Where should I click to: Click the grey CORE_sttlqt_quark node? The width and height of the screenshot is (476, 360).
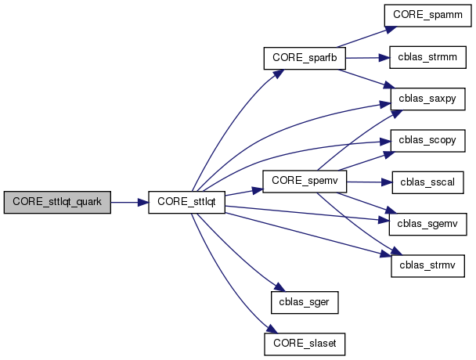tap(57, 202)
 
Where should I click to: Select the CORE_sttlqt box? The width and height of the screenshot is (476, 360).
tap(187, 202)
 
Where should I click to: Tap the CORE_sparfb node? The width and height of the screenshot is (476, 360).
tap(304, 58)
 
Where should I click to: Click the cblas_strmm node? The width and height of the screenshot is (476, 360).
tap(429, 58)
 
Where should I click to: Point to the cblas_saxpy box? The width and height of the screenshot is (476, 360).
tap(429, 99)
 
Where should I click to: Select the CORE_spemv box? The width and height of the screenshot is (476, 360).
tap(304, 180)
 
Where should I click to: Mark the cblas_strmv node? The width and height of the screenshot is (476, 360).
tap(429, 265)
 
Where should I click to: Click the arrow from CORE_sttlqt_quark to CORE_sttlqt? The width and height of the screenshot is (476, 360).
tap(129, 202)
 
